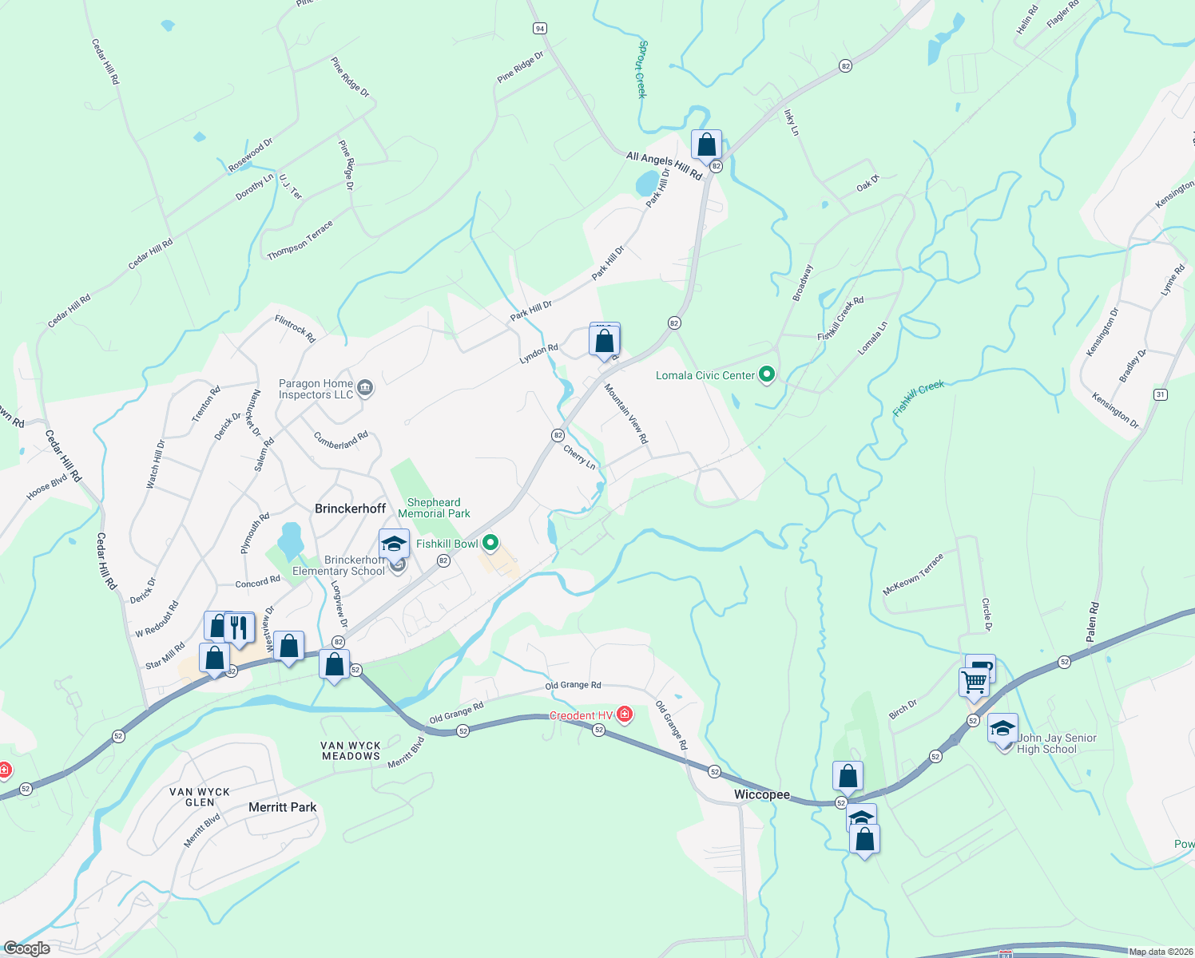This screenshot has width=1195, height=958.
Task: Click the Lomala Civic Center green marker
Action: (767, 374)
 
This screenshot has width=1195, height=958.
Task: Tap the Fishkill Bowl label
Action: (447, 544)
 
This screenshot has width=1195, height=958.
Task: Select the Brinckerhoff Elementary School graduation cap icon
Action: (394, 544)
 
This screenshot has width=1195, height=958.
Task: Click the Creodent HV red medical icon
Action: (625, 715)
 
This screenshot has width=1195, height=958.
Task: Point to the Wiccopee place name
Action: (762, 794)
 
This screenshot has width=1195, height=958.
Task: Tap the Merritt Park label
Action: (282, 807)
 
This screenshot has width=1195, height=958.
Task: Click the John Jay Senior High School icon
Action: (1002, 729)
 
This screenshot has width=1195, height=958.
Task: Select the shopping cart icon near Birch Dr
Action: (974, 683)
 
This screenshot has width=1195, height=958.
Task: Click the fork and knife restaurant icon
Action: (238, 627)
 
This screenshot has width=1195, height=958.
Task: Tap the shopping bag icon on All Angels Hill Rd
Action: (706, 144)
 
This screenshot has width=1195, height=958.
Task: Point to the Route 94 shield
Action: (540, 29)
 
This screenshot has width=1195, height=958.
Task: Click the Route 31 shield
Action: (1161, 394)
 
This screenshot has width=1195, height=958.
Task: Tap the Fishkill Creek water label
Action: (919, 398)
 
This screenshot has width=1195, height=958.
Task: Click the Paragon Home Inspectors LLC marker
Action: (365, 389)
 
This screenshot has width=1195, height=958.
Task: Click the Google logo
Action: (26, 948)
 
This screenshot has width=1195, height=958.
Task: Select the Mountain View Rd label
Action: (625, 414)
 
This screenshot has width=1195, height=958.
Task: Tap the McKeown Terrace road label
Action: (913, 574)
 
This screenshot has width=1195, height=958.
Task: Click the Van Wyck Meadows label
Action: (351, 750)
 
